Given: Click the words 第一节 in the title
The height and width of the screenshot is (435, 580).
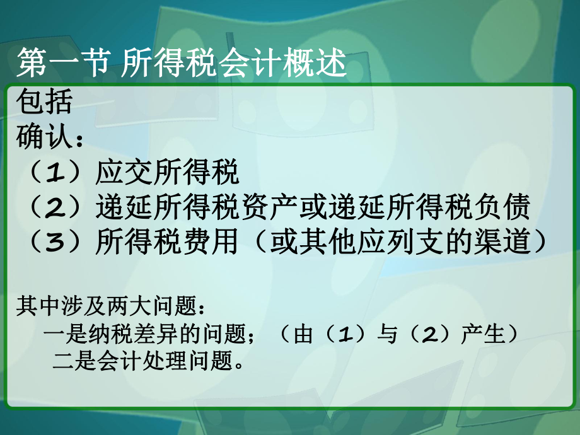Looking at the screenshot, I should coord(62,64).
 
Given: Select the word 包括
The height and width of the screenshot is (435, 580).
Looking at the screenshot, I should coord(45,101).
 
